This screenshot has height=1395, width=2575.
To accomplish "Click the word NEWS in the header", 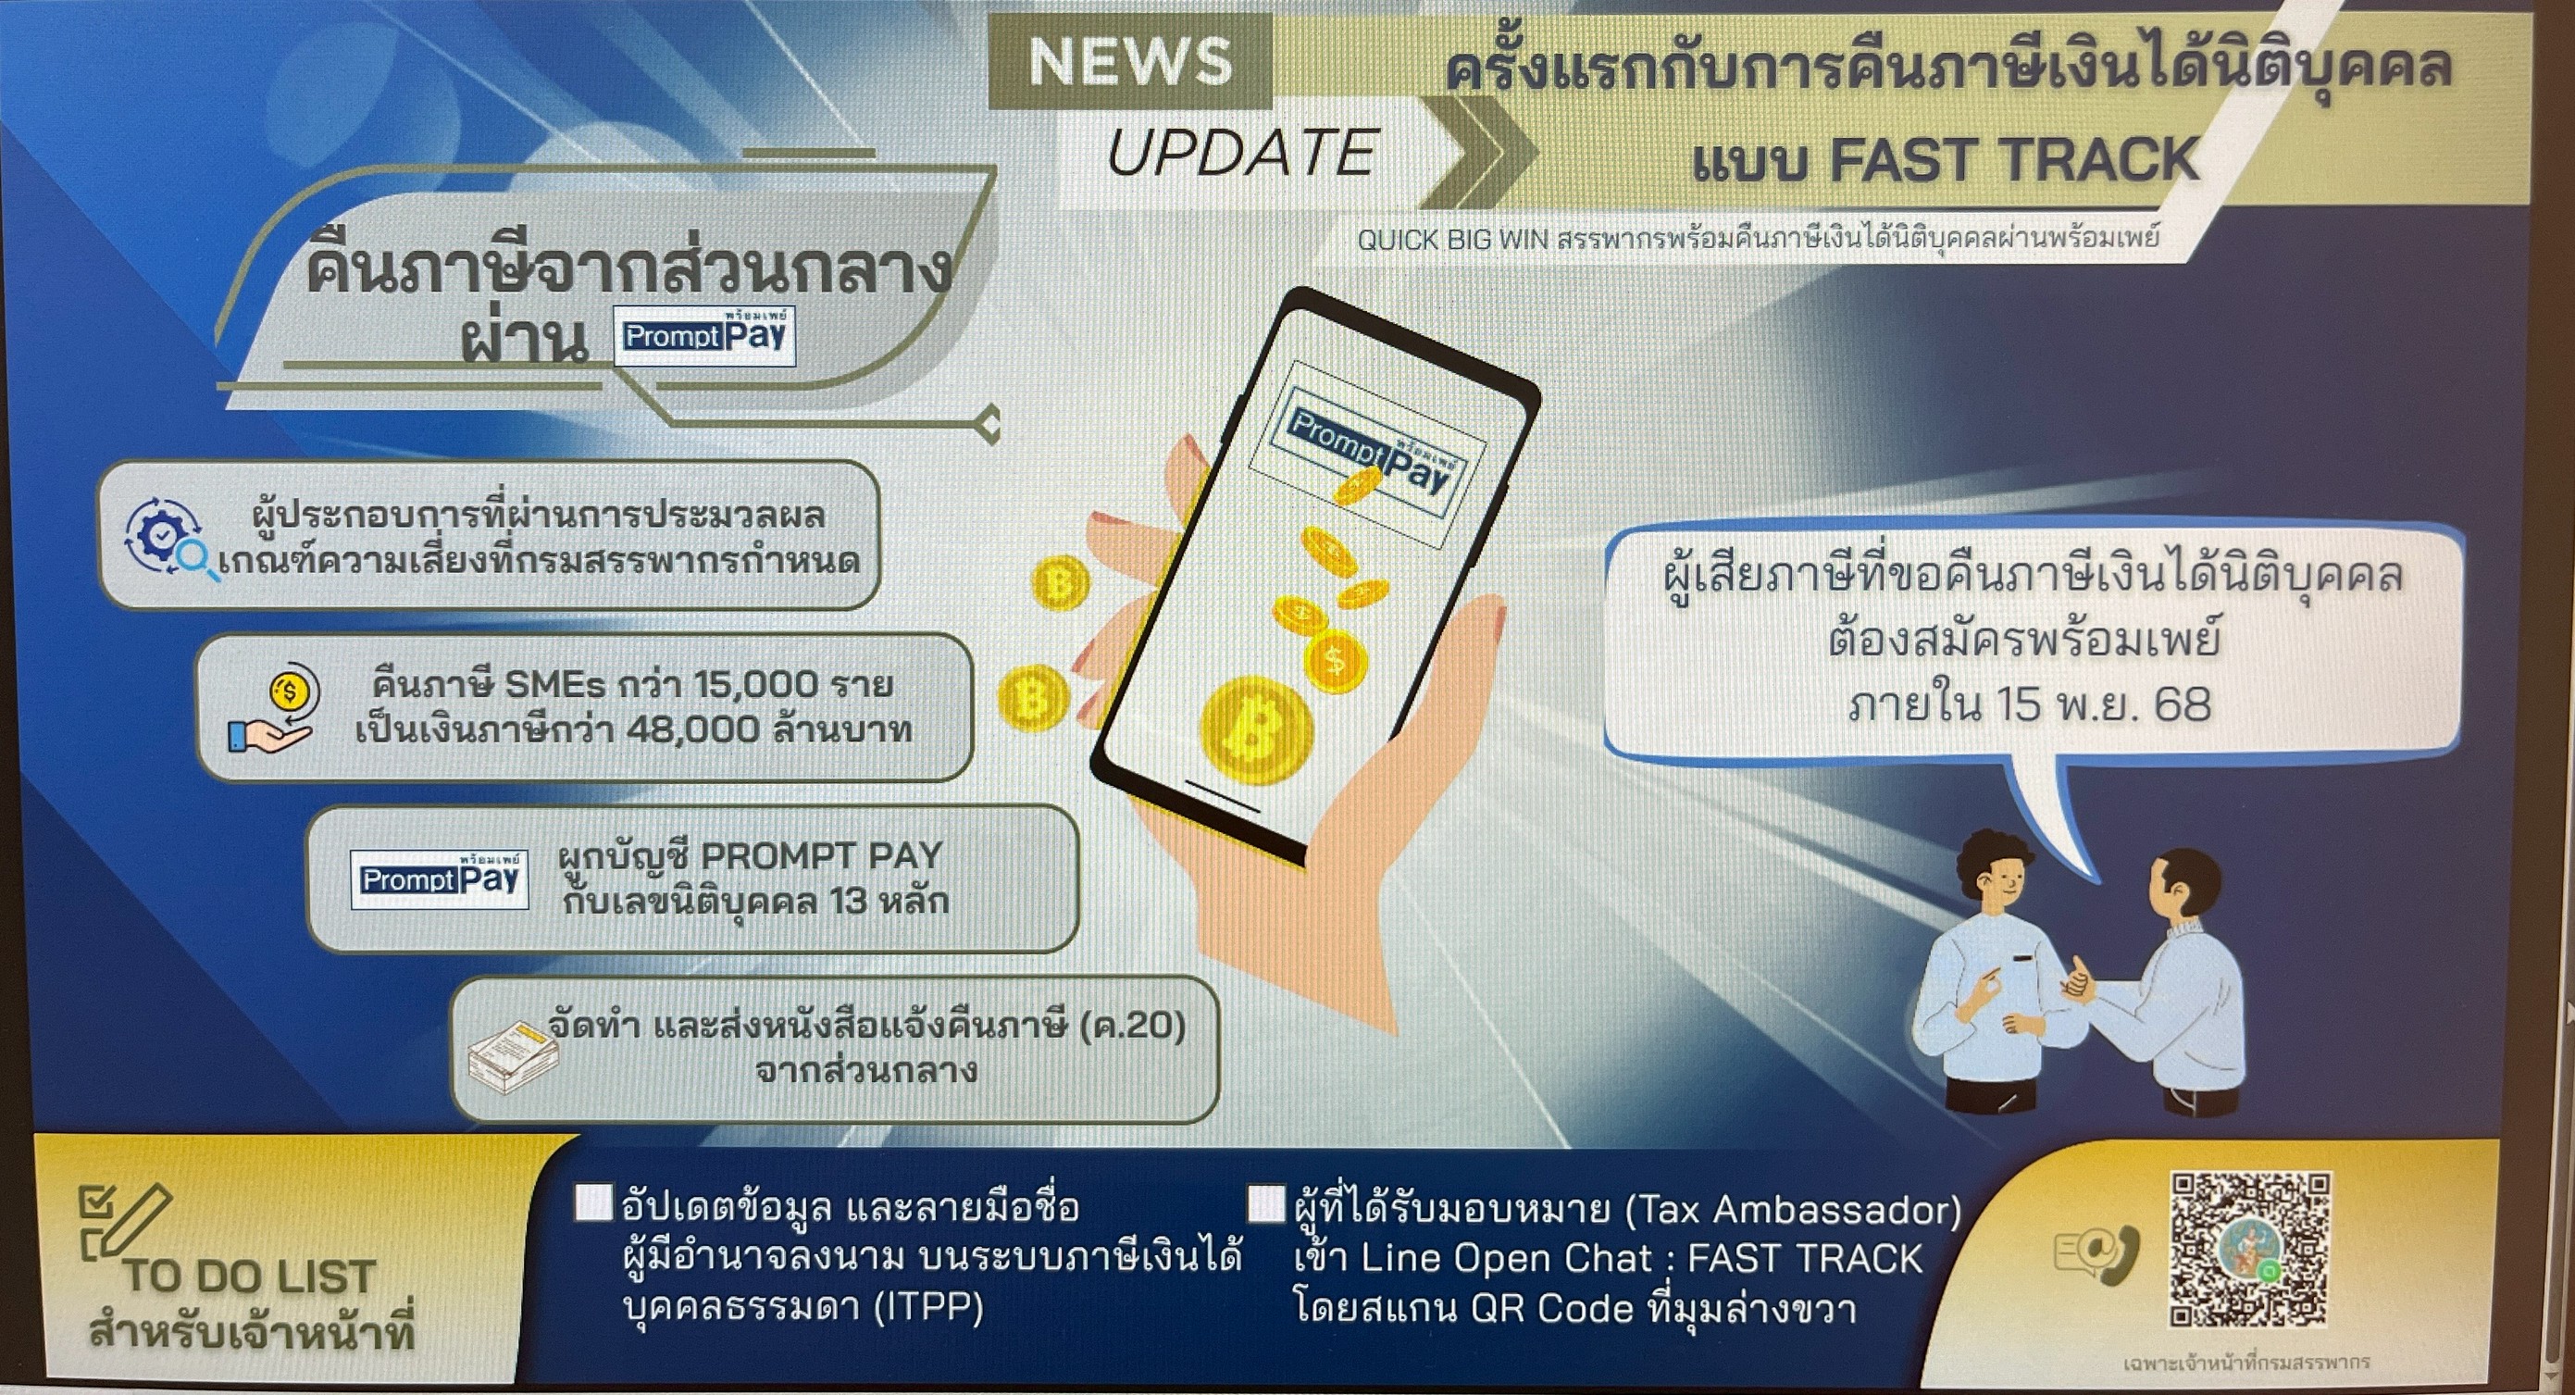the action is (1129, 62).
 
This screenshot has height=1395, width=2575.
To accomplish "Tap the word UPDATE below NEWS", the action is (1242, 153).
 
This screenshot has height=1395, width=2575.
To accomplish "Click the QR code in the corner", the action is (2249, 1250).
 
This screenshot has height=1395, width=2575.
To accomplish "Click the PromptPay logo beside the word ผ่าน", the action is (704, 335).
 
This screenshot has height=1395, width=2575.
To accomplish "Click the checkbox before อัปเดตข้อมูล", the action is (592, 1203).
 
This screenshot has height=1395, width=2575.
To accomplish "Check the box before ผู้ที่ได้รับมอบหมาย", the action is (1266, 1203).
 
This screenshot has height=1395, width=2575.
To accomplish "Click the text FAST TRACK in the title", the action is (2014, 160).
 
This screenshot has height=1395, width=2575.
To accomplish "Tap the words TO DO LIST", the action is (249, 1277).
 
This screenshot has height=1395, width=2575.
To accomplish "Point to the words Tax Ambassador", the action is (1792, 1210).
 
